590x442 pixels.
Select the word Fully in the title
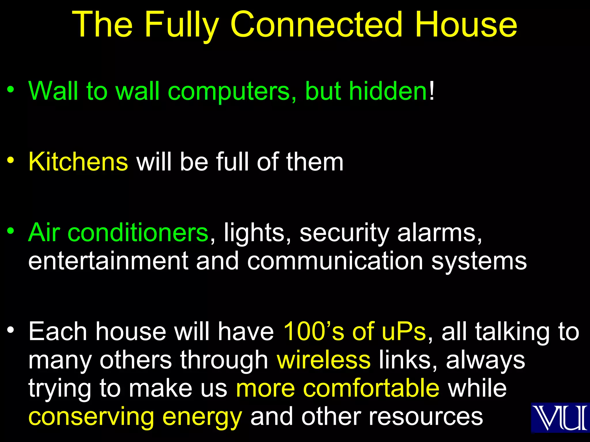182,26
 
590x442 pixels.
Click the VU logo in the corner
560,418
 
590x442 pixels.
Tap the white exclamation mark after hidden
432,91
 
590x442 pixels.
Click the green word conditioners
138,232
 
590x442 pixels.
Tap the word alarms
439,232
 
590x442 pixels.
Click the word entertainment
108,261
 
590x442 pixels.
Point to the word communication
335,261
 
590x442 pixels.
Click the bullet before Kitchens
11,160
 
